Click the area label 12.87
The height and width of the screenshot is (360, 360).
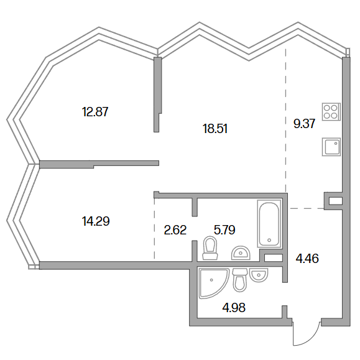click(x=95, y=112)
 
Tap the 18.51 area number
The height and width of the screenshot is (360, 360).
click(x=215, y=129)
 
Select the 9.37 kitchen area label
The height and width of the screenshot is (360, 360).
click(x=304, y=124)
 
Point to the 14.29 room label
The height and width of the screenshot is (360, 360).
click(x=96, y=221)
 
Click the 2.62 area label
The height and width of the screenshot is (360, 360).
click(x=175, y=230)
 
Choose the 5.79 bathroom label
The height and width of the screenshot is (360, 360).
click(x=224, y=230)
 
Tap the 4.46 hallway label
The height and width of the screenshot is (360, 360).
click(x=307, y=259)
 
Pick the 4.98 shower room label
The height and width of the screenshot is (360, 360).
click(x=234, y=307)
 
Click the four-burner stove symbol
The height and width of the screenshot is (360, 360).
click(x=331, y=111)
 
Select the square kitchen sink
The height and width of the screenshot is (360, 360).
click(x=331, y=147)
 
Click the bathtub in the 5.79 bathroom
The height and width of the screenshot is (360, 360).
click(x=269, y=224)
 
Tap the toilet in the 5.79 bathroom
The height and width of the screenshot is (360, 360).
click(x=210, y=248)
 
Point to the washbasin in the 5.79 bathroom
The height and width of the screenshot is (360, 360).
click(x=241, y=253)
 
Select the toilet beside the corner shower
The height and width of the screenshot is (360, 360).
click(x=240, y=280)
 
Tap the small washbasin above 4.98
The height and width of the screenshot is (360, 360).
click(x=259, y=275)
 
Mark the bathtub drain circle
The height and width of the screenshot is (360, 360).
click(x=269, y=241)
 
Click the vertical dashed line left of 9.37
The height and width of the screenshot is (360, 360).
click(x=286, y=120)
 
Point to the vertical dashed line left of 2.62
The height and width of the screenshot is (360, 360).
click(x=154, y=228)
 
